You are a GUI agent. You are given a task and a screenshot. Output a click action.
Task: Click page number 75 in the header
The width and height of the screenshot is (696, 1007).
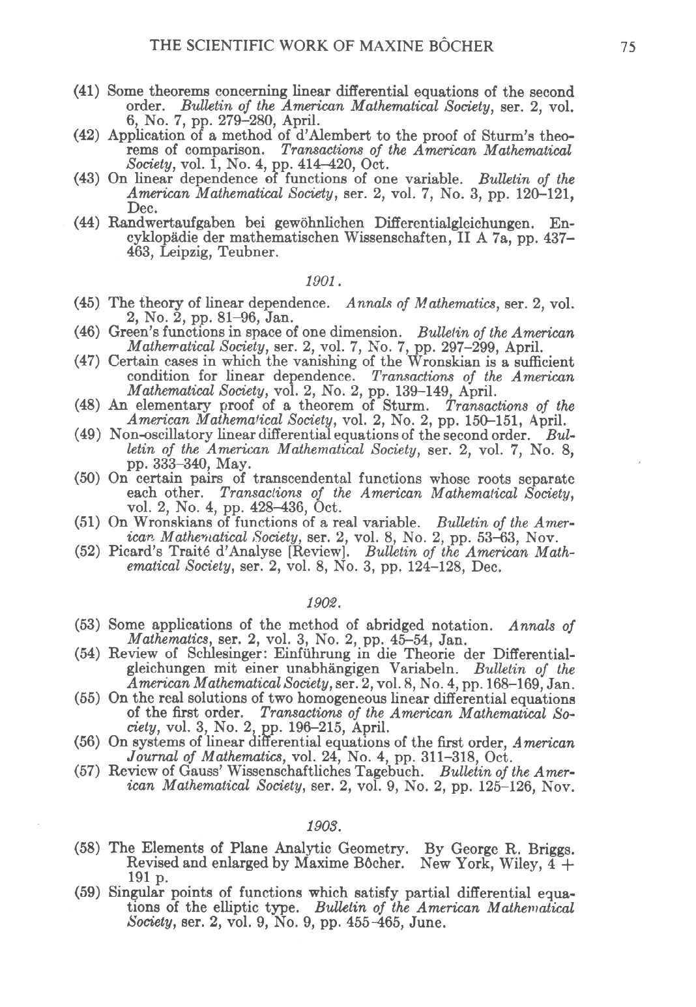(628, 46)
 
